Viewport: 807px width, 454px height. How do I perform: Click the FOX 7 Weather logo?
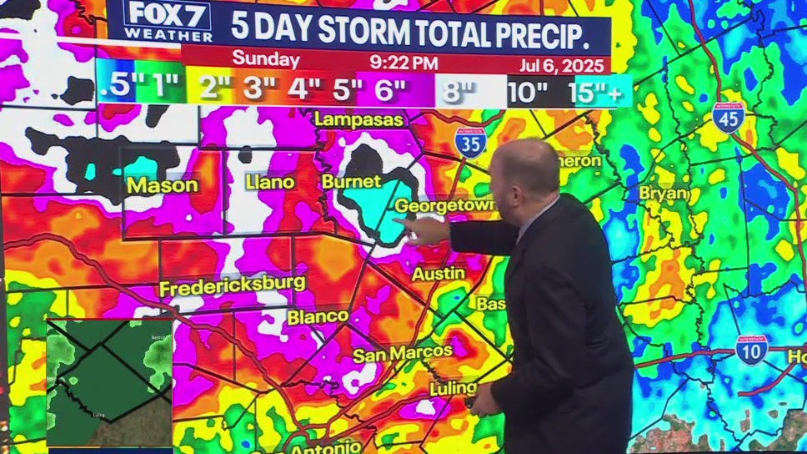pyautogui.click(x=168, y=21)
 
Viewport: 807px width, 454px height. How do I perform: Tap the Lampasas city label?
pyautogui.click(x=358, y=120)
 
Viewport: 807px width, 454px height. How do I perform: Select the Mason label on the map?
pyautogui.click(x=163, y=185)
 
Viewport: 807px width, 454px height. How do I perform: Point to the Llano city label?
pyautogui.click(x=269, y=181)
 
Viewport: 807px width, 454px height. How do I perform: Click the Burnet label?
pyautogui.click(x=351, y=181)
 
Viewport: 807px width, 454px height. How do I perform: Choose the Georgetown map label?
pyautogui.click(x=444, y=205)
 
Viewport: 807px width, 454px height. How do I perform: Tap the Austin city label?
pyautogui.click(x=439, y=274)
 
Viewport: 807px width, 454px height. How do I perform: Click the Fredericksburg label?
pyautogui.click(x=232, y=285)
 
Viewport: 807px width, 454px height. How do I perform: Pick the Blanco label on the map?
pyautogui.click(x=318, y=317)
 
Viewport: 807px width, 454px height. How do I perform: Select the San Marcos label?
pyautogui.click(x=402, y=355)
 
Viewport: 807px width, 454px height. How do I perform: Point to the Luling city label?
pyautogui.click(x=453, y=389)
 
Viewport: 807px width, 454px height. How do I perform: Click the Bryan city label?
pyautogui.click(x=664, y=194)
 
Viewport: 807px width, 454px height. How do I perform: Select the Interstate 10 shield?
pyautogui.click(x=751, y=351)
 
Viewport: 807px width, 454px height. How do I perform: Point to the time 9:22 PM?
pyautogui.click(x=403, y=62)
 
